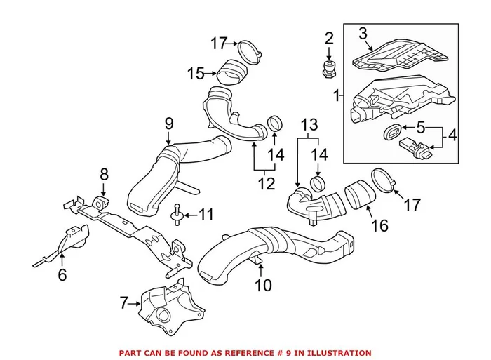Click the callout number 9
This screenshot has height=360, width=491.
pyautogui.click(x=168, y=123)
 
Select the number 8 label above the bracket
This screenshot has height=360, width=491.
pyautogui.click(x=104, y=173)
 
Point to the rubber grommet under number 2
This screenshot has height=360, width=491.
pyautogui.click(x=327, y=69)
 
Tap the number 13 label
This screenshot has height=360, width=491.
pyautogui.click(x=309, y=124)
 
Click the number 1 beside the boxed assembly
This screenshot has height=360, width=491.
pyautogui.click(x=337, y=94)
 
